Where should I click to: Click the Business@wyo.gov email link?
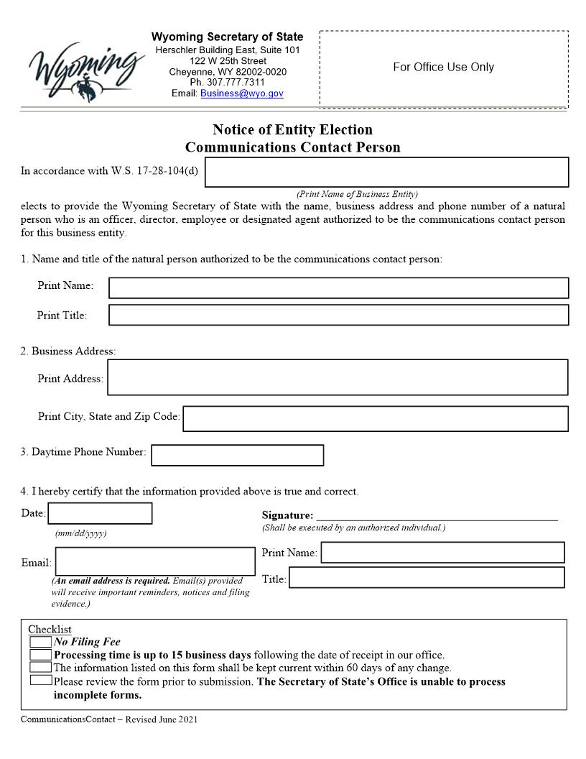click(x=242, y=93)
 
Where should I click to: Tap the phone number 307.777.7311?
click(x=228, y=83)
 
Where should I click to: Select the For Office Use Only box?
click(x=443, y=68)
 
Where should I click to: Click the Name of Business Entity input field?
click(x=387, y=172)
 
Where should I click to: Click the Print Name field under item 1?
click(x=338, y=287)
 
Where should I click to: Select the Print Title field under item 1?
click(x=338, y=315)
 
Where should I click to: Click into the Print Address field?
click(x=338, y=377)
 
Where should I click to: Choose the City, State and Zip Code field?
click(x=376, y=418)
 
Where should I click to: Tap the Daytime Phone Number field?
click(x=238, y=455)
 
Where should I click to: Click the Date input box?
click(x=100, y=513)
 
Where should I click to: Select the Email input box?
click(x=155, y=561)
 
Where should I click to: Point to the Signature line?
click(x=437, y=516)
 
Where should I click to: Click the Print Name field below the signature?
click(x=442, y=552)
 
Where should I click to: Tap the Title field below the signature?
click(x=427, y=577)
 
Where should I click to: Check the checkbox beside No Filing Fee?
click(x=41, y=642)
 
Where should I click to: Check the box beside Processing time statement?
click(x=41, y=655)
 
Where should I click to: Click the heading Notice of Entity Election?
click(x=292, y=130)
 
